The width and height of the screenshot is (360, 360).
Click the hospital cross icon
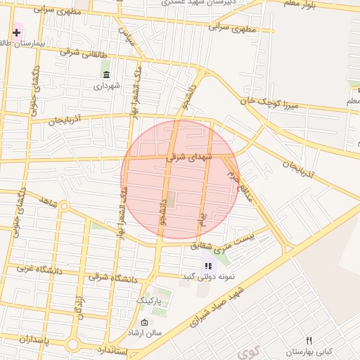tap(17, 32)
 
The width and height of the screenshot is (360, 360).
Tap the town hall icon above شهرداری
tap(106, 75)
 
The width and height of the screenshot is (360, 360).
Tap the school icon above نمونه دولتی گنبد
tap(207, 266)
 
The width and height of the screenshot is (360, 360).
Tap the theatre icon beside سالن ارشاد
tap(144, 323)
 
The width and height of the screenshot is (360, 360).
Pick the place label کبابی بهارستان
tap(309, 351)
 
